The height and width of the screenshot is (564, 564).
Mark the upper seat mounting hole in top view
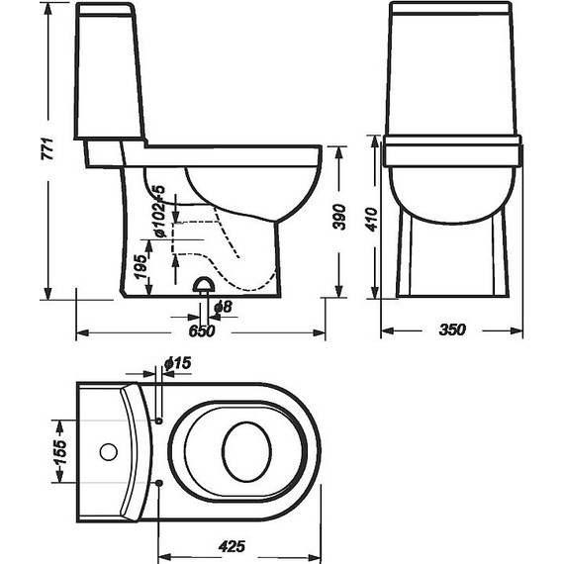coord(159,421)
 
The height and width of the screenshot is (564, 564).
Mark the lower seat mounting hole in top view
coord(159,482)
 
